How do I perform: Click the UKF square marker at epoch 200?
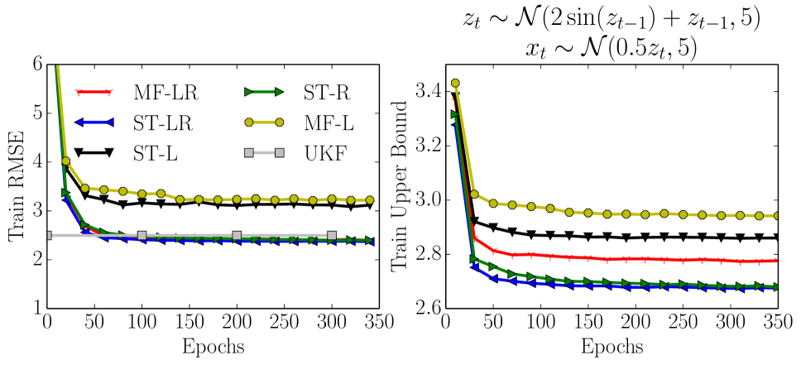point(237,236)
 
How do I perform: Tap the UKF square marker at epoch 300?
point(332,236)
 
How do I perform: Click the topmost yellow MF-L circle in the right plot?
point(454,84)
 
